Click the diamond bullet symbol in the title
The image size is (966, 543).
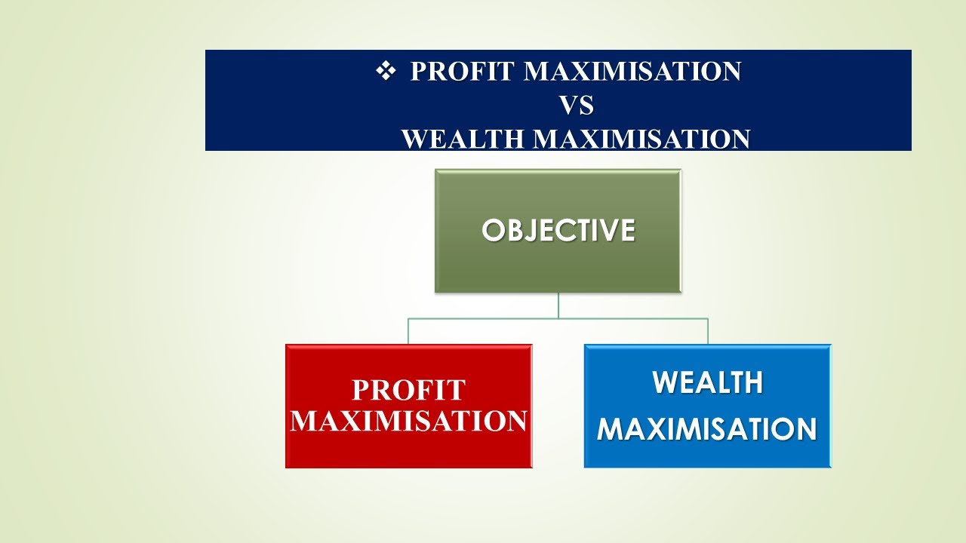386,71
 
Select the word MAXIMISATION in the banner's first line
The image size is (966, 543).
632,72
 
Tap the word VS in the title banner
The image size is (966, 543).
576,106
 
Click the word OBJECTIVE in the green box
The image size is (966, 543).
558,230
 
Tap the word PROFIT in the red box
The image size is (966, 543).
408,390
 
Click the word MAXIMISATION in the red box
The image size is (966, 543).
408,421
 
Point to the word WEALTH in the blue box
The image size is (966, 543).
707,383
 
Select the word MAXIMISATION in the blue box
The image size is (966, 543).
707,429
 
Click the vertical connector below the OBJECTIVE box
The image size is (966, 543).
558,305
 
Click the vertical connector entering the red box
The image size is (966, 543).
408,332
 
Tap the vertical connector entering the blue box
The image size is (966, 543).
708,332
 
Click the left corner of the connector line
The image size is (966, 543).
408,319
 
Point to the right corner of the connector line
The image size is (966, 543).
708,319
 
